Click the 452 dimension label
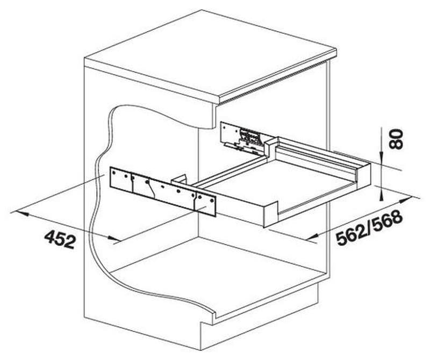coord(60,239)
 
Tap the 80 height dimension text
coord(396,140)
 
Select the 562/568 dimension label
coord(369,227)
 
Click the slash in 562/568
coord(370,227)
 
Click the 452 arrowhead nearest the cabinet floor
coord(114,239)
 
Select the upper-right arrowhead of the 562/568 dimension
coord(407,199)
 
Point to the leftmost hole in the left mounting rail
coord(113,172)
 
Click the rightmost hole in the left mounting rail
coord(211,200)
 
